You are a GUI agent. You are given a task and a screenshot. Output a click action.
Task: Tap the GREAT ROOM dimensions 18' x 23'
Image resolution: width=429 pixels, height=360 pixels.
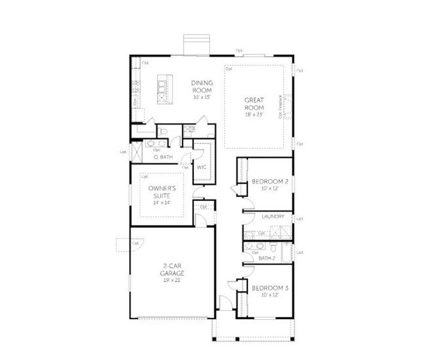254,114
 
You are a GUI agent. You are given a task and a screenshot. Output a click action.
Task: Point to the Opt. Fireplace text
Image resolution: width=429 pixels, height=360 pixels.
280,107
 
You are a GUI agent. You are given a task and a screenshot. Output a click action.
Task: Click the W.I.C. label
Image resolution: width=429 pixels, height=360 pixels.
202,167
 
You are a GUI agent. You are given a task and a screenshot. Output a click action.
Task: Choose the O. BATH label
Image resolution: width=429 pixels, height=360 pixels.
163,157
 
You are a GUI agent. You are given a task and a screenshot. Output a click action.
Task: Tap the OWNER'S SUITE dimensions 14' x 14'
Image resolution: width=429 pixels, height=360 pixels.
161,202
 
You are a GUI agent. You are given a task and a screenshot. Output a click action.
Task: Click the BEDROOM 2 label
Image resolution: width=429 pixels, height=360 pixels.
270,181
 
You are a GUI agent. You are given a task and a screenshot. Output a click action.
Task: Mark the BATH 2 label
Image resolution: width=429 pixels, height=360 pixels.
266,258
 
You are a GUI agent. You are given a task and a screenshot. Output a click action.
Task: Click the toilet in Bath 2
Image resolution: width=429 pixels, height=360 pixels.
273,247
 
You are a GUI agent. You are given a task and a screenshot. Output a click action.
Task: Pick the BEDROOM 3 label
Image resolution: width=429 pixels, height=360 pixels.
270,288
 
